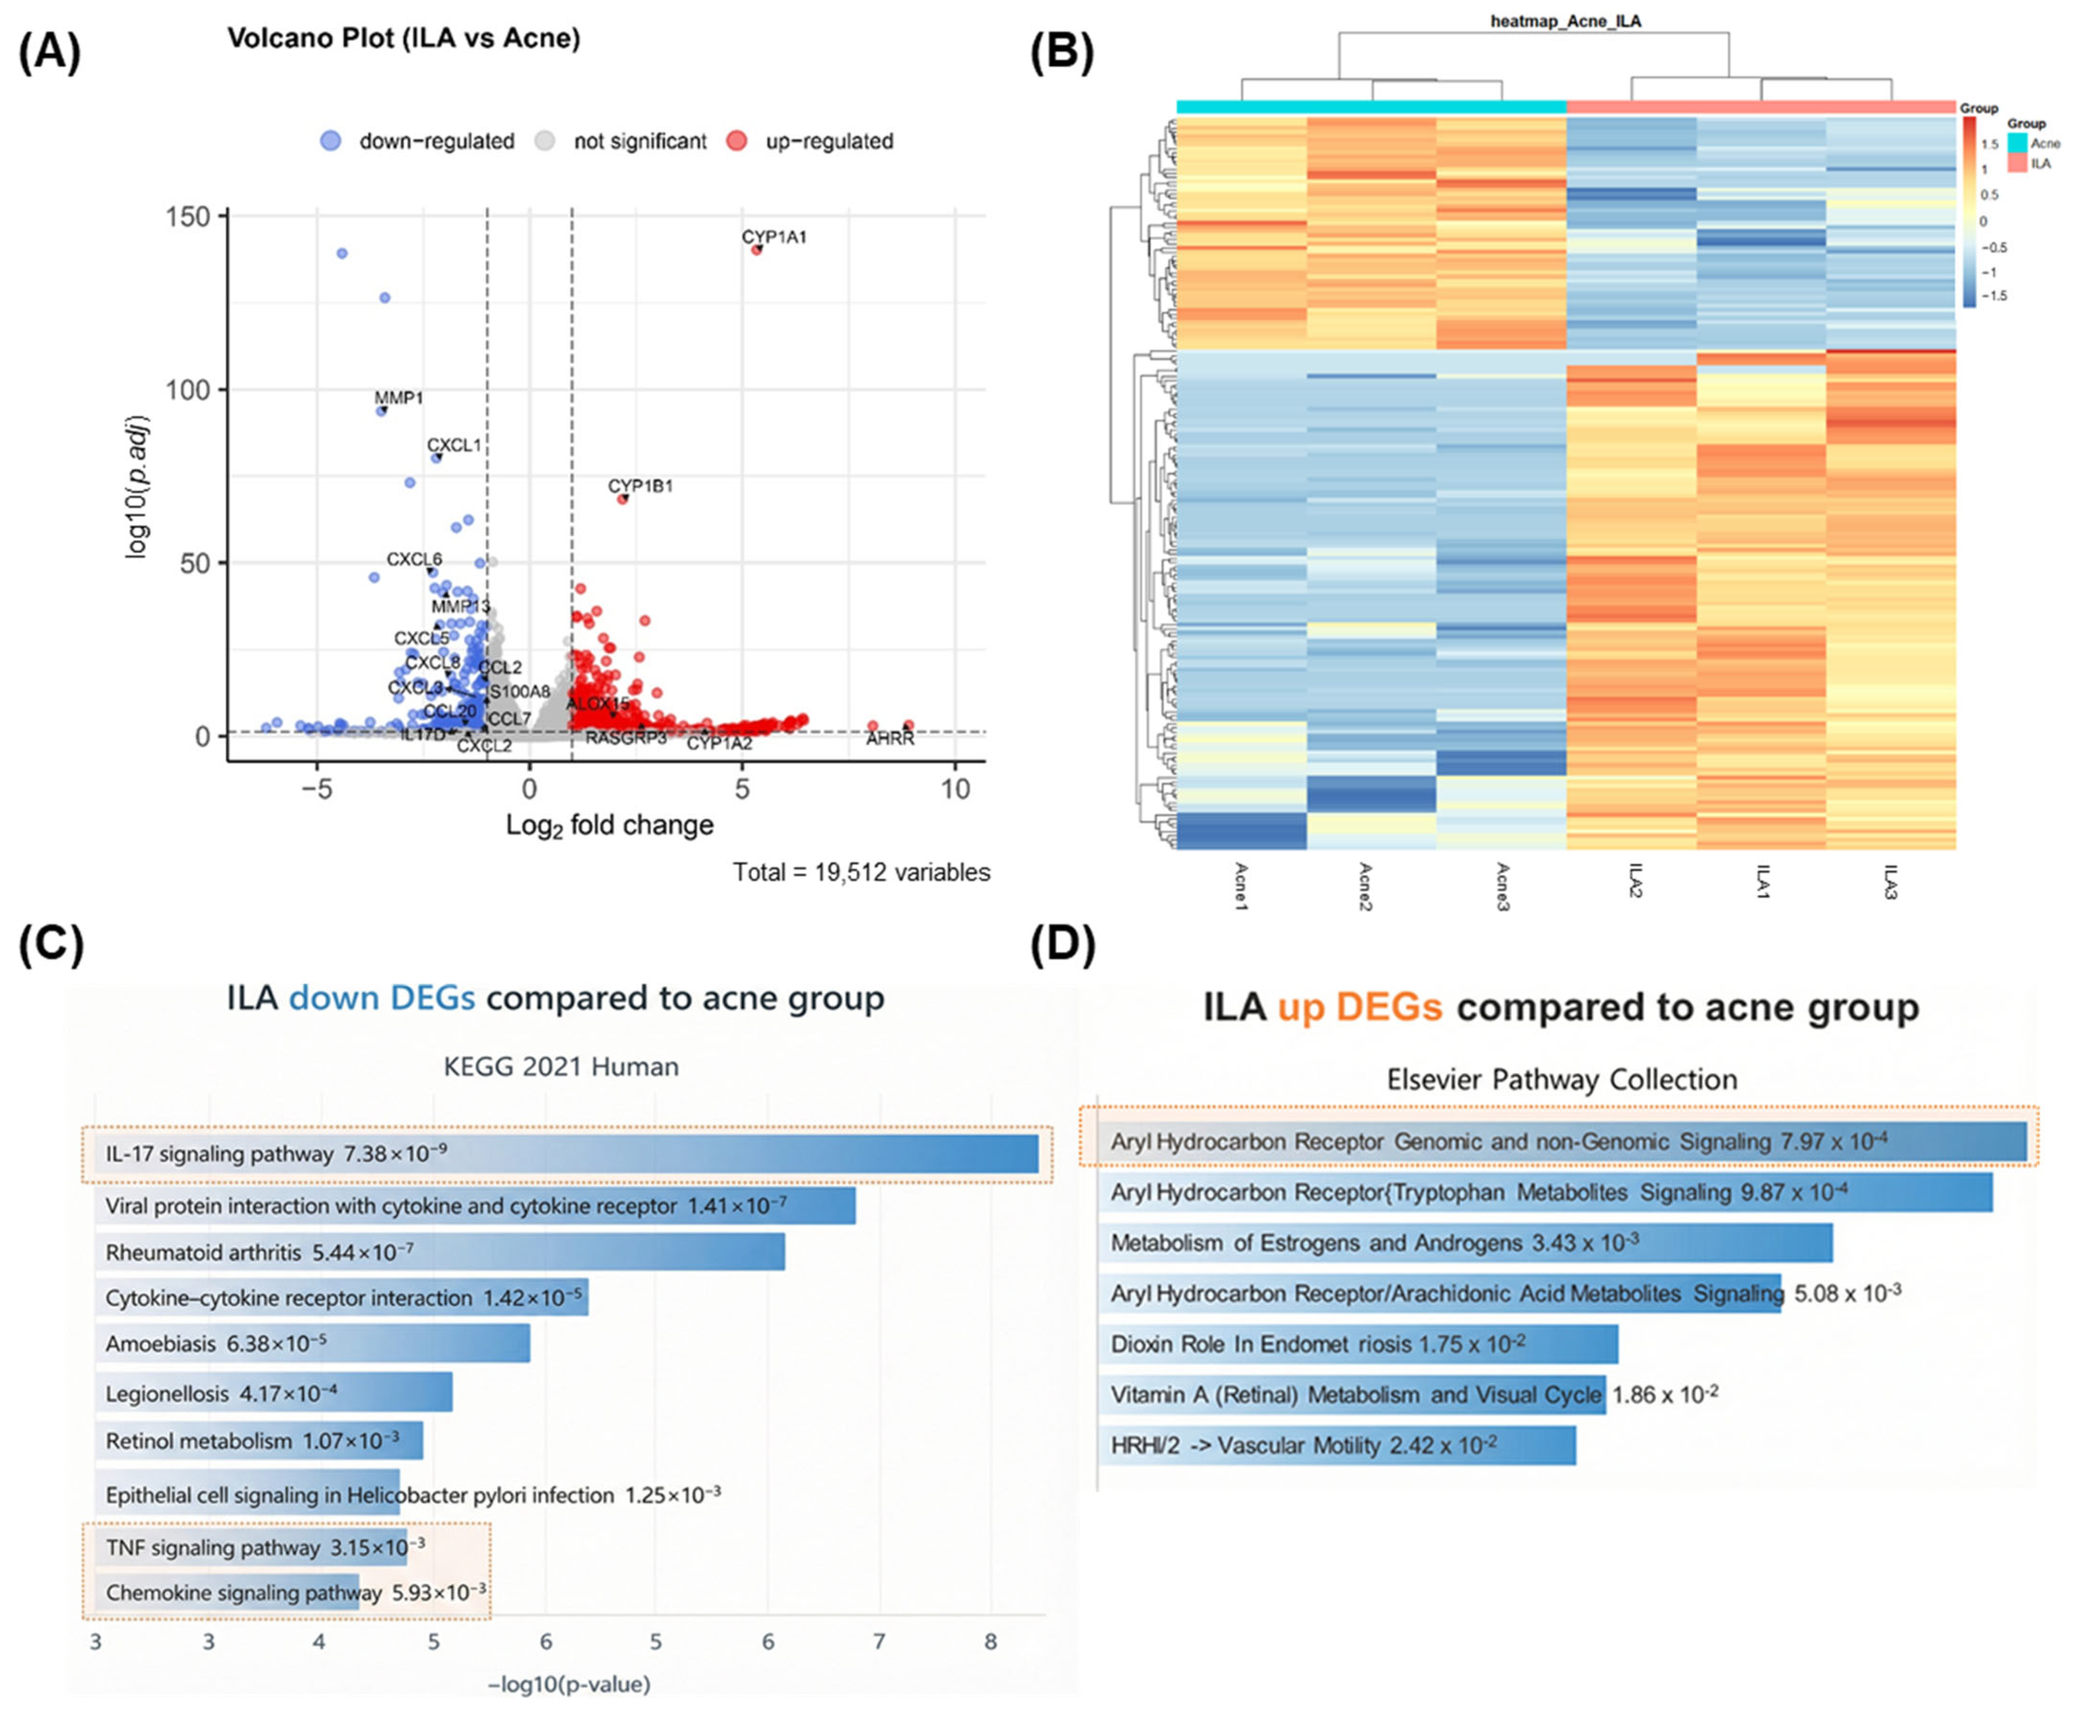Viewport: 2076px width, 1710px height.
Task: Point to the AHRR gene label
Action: pyautogui.click(x=890, y=739)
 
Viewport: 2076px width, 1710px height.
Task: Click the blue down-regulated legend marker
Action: pyautogui.click(x=331, y=141)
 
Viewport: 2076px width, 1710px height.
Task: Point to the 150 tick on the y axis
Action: pyautogui.click(x=195, y=216)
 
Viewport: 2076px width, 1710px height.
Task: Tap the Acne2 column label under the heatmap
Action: pyautogui.click(x=1366, y=886)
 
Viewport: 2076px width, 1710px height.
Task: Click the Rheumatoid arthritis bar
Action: pyautogui.click(x=440, y=1252)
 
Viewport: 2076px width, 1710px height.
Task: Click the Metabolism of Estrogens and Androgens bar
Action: pyautogui.click(x=1465, y=1243)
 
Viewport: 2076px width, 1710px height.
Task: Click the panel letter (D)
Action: pyautogui.click(x=1062, y=944)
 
